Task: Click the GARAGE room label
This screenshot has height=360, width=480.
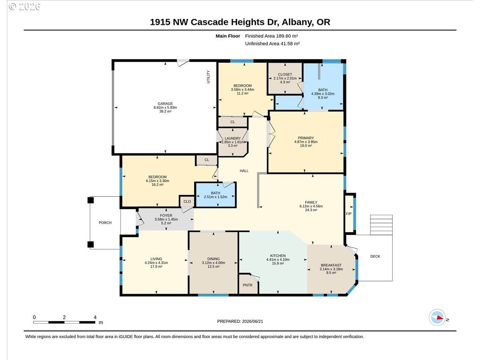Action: (x=165, y=104)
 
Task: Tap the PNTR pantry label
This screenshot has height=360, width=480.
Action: (x=247, y=285)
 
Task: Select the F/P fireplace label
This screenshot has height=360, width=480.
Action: (x=349, y=214)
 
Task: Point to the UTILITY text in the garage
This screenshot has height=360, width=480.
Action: (x=208, y=77)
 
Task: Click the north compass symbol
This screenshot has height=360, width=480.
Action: (x=437, y=317)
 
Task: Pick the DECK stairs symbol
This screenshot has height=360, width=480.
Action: (x=381, y=225)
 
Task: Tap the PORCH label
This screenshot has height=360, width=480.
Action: (x=105, y=223)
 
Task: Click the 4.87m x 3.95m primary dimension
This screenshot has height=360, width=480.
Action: (x=306, y=142)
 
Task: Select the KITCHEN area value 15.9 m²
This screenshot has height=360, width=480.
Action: (x=278, y=263)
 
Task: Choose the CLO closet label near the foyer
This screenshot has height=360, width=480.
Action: (x=187, y=202)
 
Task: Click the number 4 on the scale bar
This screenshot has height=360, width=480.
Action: (x=95, y=317)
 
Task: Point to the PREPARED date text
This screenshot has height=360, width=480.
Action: (x=240, y=321)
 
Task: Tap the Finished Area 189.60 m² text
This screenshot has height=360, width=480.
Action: (x=271, y=36)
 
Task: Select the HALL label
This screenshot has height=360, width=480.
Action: (x=244, y=171)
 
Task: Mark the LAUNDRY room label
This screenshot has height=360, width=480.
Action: (x=233, y=138)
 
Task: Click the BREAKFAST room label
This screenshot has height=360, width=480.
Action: (x=331, y=265)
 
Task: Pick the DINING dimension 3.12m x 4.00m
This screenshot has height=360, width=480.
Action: (x=214, y=263)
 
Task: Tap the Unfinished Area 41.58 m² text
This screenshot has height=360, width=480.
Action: (x=272, y=43)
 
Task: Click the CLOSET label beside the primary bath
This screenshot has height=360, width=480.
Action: (x=285, y=74)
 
